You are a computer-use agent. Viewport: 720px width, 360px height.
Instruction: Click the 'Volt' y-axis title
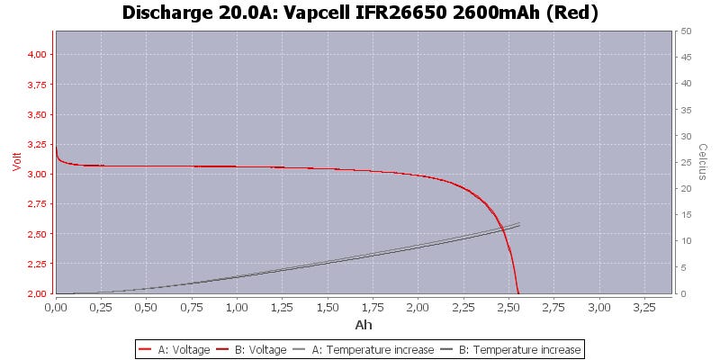click(15, 162)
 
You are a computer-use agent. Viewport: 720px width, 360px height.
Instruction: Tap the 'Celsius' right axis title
click(705, 162)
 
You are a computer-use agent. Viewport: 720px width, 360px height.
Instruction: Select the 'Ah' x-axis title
click(364, 325)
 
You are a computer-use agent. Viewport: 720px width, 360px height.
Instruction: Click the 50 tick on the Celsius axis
click(686, 31)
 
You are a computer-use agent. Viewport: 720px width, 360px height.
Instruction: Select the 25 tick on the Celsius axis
click(686, 163)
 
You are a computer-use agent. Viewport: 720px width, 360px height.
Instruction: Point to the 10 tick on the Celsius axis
click(686, 241)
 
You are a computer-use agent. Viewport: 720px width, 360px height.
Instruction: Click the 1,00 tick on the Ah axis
click(237, 307)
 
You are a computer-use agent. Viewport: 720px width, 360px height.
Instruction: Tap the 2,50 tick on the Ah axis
click(508, 307)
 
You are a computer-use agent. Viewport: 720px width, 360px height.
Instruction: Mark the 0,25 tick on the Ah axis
click(101, 307)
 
